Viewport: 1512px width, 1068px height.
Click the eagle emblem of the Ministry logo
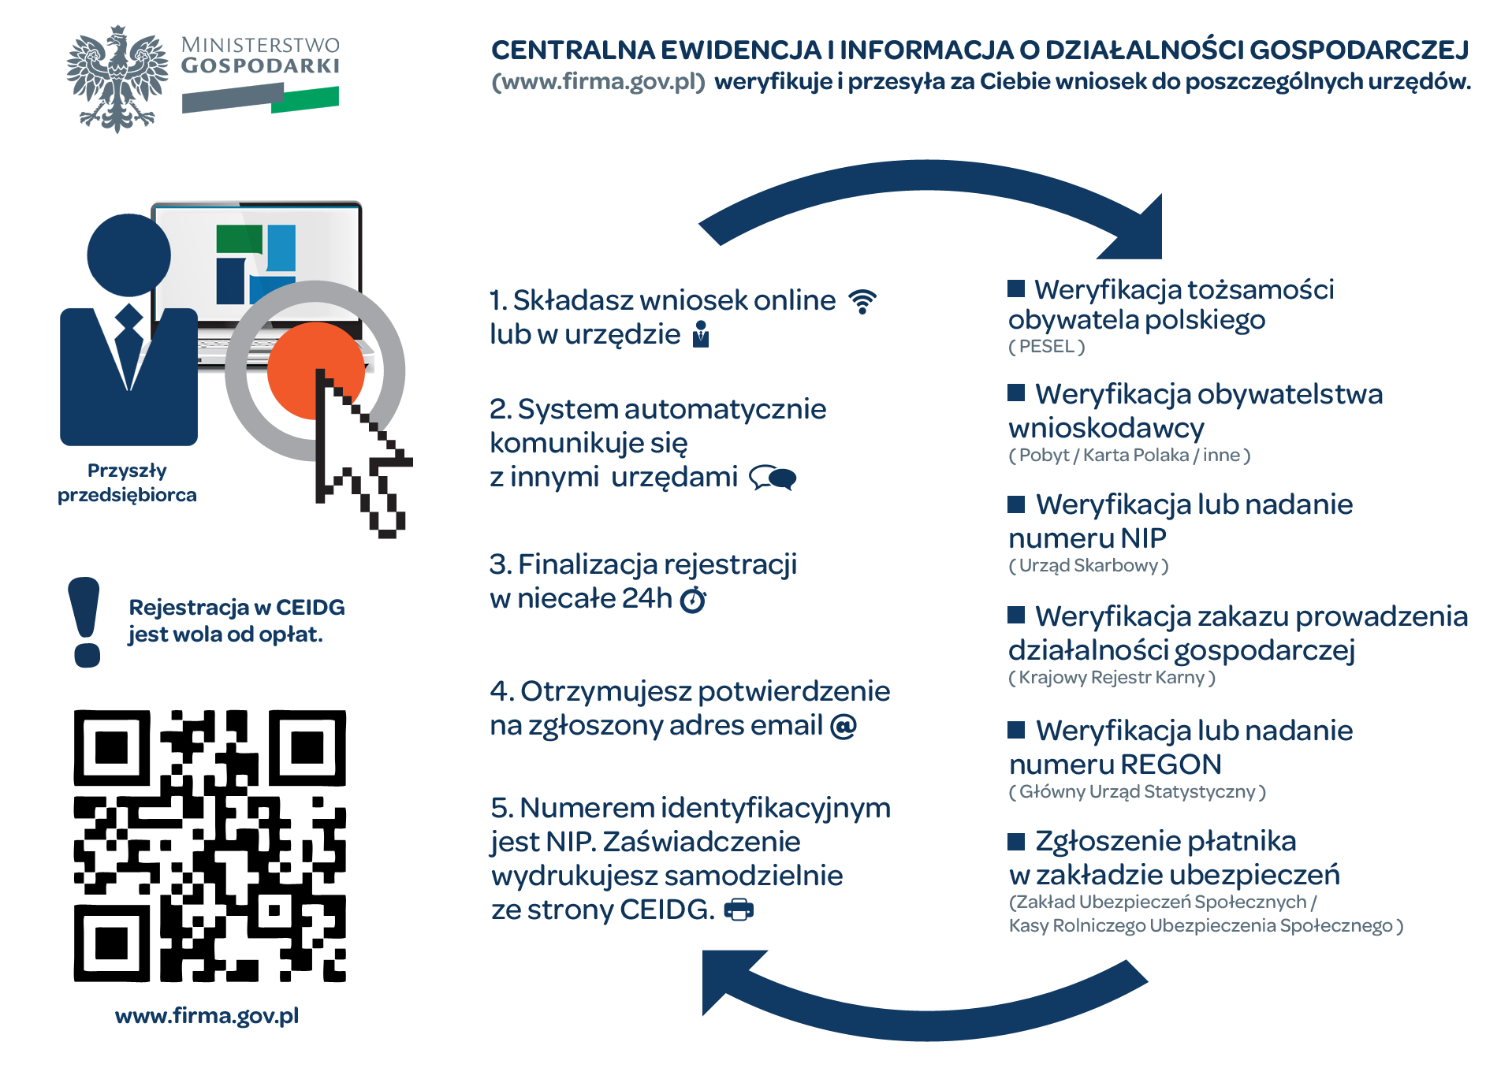tap(117, 79)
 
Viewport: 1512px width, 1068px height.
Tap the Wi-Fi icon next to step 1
tap(862, 301)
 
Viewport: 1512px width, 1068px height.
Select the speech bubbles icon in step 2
tap(773, 478)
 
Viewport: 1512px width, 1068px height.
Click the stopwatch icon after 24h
tap(693, 600)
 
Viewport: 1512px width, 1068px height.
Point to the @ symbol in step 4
tap(843, 726)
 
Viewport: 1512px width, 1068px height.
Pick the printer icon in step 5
tap(739, 910)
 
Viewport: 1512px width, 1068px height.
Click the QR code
tap(210, 846)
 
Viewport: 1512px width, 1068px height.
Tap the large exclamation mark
tap(85, 622)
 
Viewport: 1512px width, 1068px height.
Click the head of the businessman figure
tap(128, 255)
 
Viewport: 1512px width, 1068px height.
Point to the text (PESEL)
tap(1046, 346)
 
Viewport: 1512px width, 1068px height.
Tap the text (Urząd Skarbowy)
tap(1088, 565)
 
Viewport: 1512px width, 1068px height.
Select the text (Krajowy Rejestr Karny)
tap(1112, 677)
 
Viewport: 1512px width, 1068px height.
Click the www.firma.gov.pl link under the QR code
tap(207, 1015)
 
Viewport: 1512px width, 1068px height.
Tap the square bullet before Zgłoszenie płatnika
tap(1016, 842)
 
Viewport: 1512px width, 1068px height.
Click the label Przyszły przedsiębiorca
tap(127, 482)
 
